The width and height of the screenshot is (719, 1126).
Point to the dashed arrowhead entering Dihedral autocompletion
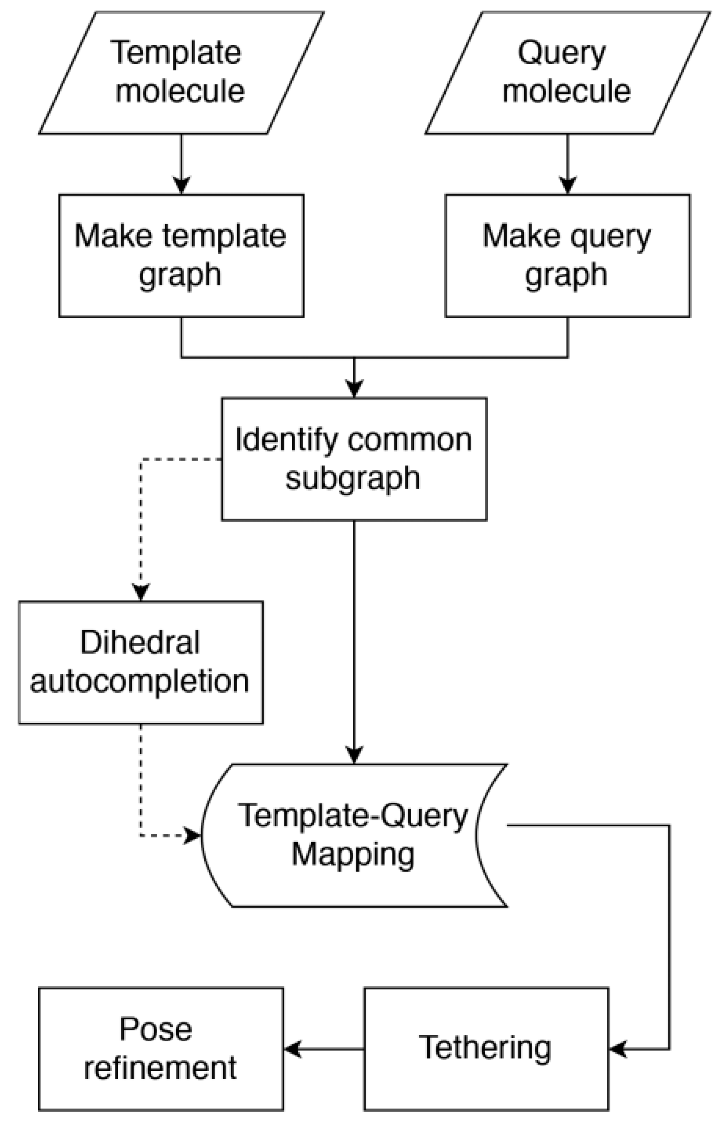(x=141, y=592)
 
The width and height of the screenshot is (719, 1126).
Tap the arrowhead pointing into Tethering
(x=618, y=1049)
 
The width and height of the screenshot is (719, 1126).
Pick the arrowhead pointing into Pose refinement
(x=293, y=1049)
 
